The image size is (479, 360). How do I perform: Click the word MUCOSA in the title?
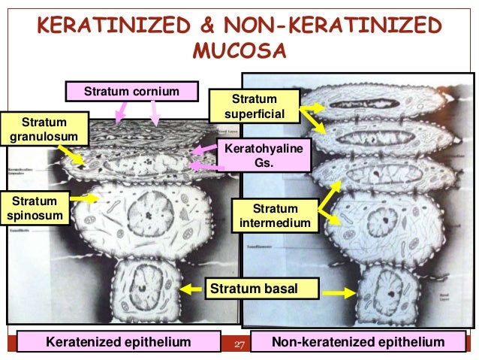(239, 53)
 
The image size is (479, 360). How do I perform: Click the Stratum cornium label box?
(131, 92)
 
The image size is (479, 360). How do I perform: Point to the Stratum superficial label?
(255, 106)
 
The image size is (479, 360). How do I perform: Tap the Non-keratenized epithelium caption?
(358, 343)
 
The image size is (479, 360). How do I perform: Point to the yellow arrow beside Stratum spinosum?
(87, 199)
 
